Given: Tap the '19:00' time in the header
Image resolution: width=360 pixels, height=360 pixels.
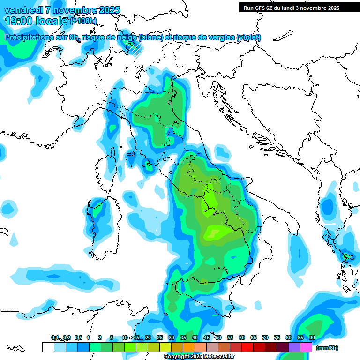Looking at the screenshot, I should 19,21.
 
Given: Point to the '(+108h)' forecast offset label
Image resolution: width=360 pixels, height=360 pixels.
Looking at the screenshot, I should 83,21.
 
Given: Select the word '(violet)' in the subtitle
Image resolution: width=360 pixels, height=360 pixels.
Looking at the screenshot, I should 248,37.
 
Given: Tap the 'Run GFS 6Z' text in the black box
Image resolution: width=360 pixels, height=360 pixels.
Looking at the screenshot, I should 262,7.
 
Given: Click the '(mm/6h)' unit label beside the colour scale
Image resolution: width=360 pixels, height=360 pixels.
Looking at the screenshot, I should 327,348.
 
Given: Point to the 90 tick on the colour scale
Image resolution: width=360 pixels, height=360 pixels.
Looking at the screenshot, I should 312,337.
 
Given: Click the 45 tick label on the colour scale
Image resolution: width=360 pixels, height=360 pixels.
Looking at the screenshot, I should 206,337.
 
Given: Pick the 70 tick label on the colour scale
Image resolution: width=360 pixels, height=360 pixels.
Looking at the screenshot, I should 265,337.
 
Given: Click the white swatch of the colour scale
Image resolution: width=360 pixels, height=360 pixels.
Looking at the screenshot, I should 48,347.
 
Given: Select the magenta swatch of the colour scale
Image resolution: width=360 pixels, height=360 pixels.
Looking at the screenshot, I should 306,347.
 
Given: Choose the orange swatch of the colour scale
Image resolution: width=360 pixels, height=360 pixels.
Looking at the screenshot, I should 188,347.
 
